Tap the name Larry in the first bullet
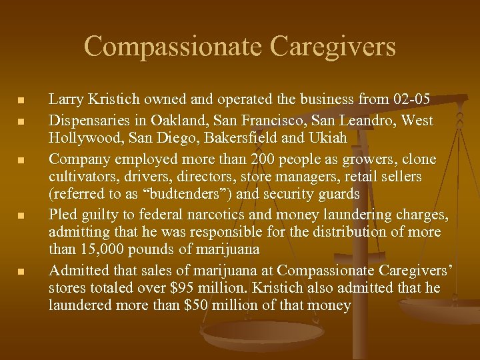click(65, 100)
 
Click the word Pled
click(63, 215)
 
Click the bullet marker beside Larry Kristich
click(21, 101)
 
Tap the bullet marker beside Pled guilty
click(21, 216)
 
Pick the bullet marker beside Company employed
click(21, 161)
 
